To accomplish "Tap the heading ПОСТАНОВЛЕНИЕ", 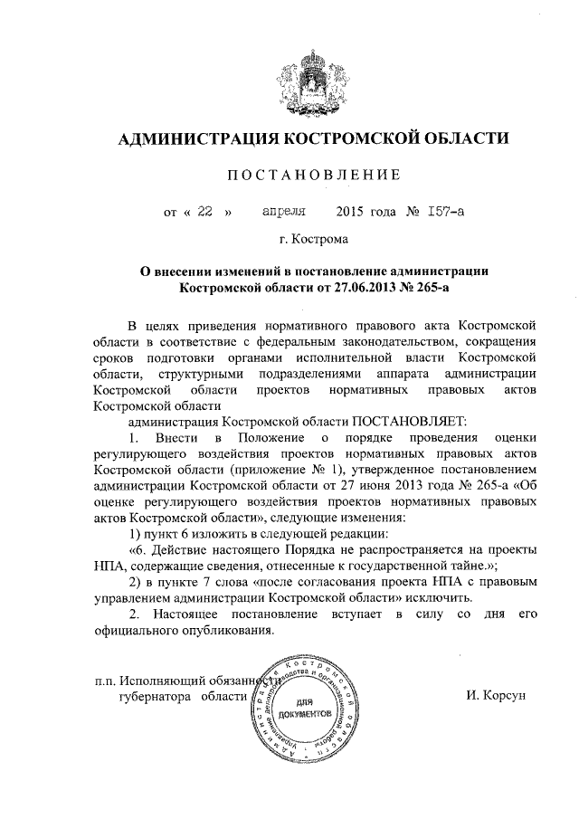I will (313, 175).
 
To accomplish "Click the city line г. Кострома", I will (313, 241).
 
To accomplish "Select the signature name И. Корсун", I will (496, 696).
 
